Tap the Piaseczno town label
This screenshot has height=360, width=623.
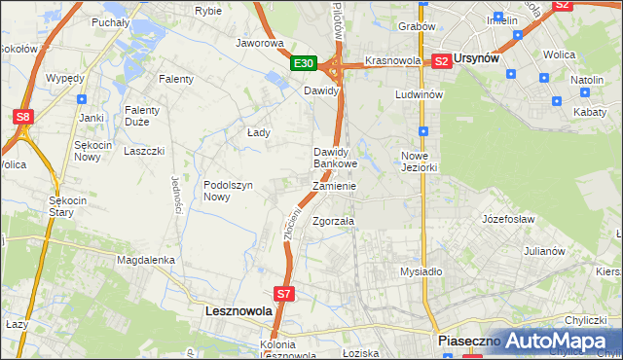[x=468, y=341]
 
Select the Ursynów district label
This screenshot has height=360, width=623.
[x=477, y=59]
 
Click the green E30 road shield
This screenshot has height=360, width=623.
[x=304, y=63]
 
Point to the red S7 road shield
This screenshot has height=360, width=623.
[x=283, y=292]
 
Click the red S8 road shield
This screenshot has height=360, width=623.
[x=23, y=118]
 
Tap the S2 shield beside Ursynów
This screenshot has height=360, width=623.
[x=441, y=60]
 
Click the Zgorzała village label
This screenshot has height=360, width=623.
[x=333, y=221]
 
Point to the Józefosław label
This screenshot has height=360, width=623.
[x=508, y=219]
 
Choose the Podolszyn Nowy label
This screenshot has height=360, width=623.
[x=229, y=190]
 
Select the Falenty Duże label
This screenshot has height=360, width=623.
[x=142, y=117]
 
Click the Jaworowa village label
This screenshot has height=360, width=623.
[x=259, y=44]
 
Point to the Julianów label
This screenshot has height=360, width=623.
[x=544, y=250]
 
